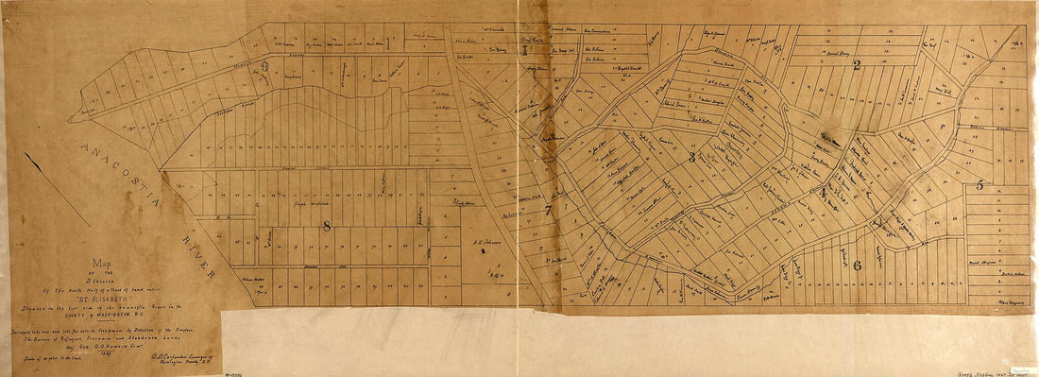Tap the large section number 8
click(327, 226)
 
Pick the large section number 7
click(548, 210)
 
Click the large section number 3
click(691, 157)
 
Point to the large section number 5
click(979, 186)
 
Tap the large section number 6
click(857, 266)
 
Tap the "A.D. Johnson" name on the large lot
click(484, 242)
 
